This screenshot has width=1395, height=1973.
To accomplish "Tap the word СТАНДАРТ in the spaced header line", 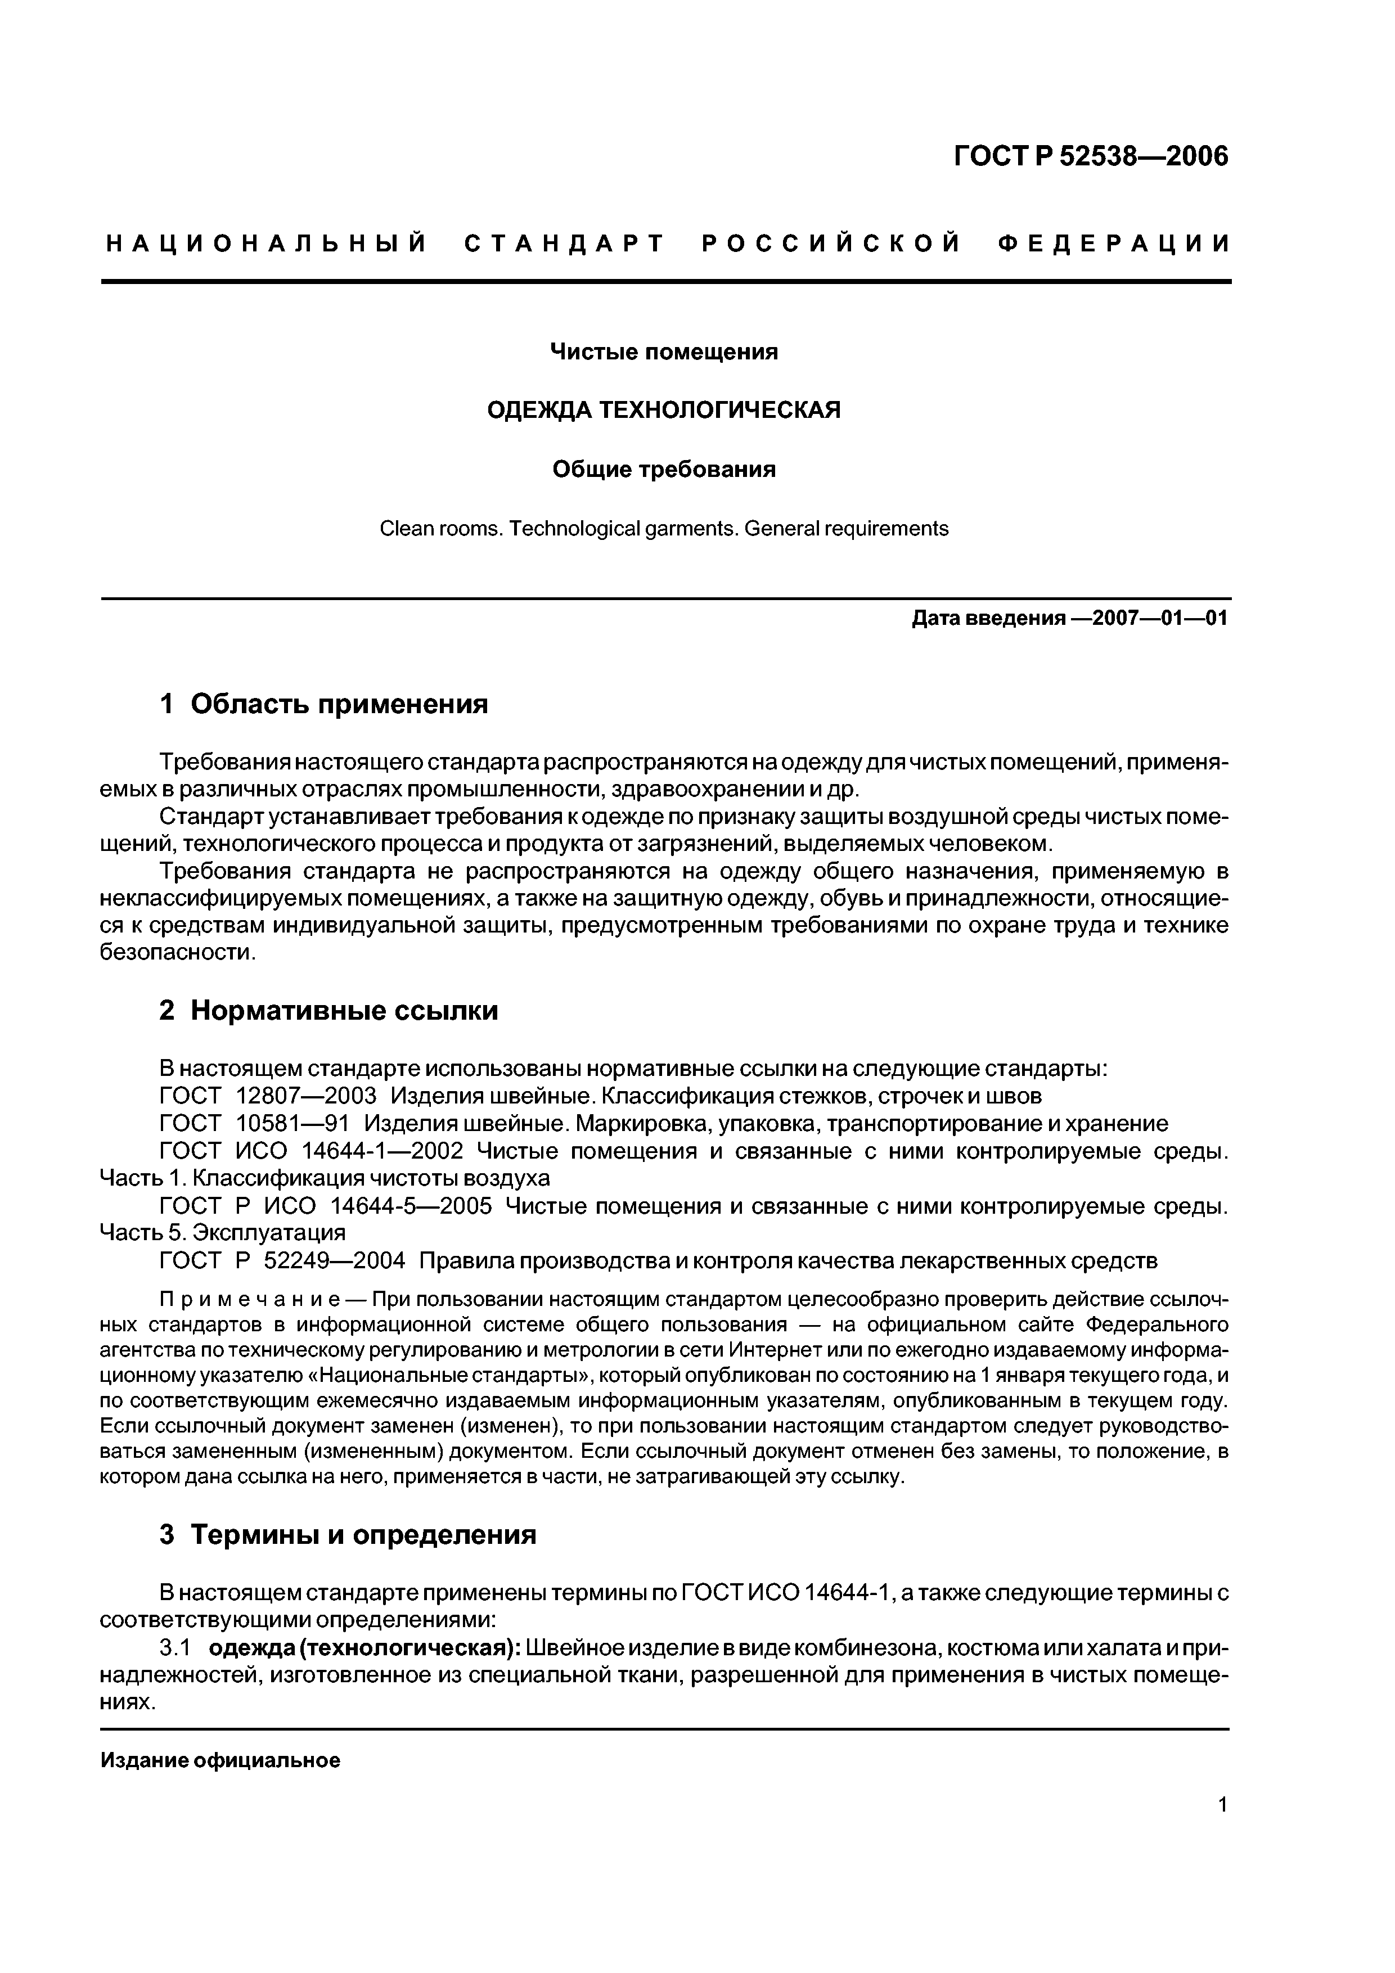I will [x=565, y=244].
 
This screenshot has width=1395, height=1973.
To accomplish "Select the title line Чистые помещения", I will [x=664, y=352].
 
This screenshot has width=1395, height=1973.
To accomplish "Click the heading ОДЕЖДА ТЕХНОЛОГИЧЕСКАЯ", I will [x=664, y=411].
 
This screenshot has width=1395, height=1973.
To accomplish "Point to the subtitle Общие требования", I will [x=664, y=469].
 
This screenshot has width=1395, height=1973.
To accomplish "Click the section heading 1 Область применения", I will [x=323, y=705].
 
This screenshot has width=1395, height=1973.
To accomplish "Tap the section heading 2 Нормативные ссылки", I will [x=328, y=1011].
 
